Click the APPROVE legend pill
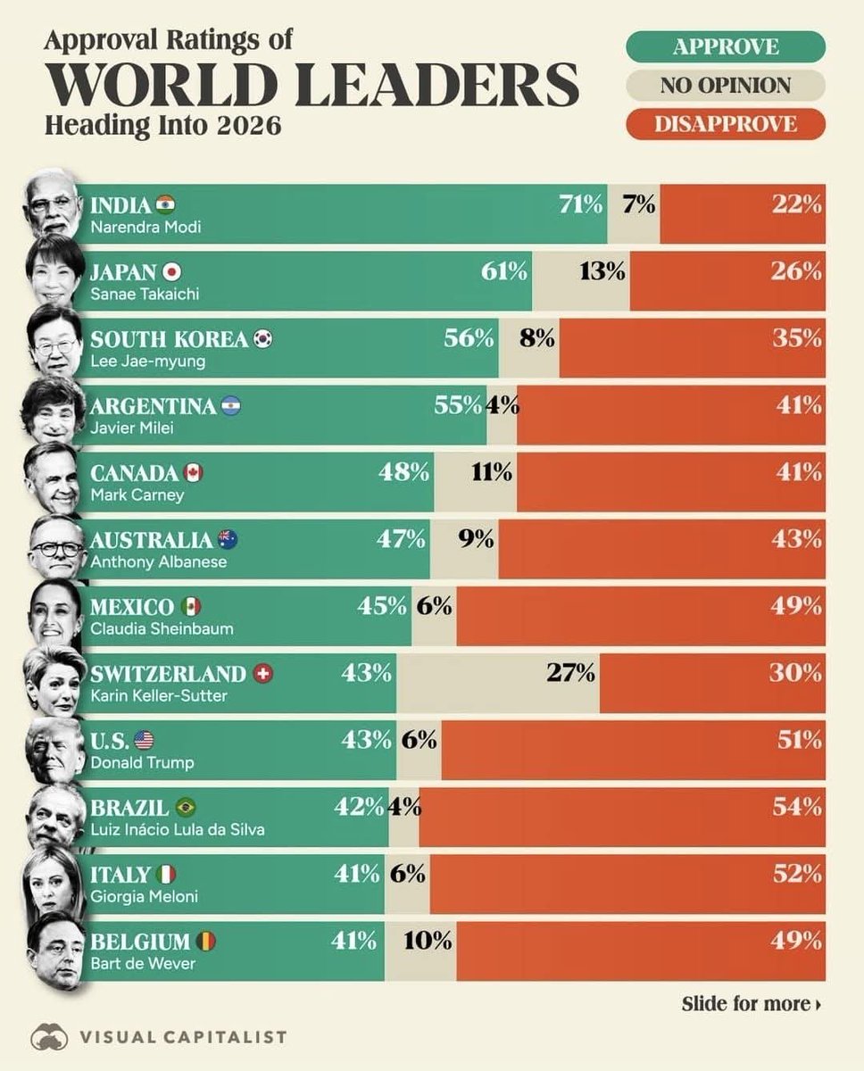[725, 46]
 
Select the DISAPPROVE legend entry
[725, 123]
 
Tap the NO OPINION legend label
[725, 85]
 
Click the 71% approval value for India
[581, 203]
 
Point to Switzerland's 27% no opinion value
[571, 672]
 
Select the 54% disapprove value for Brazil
[798, 807]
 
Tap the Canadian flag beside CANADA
[193, 472]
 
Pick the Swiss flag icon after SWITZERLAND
[262, 674]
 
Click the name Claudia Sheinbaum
[162, 628]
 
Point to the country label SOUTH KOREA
[169, 338]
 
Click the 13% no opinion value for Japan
[602, 270]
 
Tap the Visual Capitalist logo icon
[49, 1036]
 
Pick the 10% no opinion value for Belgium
[429, 940]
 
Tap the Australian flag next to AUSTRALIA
[227, 539]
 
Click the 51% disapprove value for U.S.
[798, 740]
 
